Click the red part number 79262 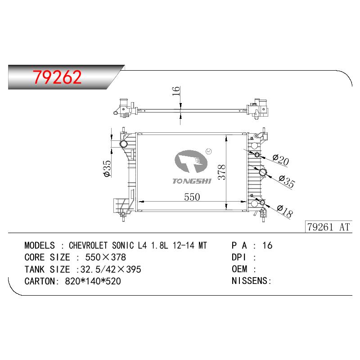[57, 77]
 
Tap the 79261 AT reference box [328, 227]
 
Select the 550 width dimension [192, 197]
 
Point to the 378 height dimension [222, 172]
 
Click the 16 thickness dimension [176, 91]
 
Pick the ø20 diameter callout [280, 159]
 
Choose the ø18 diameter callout [285, 211]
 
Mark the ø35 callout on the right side [287, 181]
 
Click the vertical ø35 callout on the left [107, 168]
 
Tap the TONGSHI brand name [192, 181]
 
